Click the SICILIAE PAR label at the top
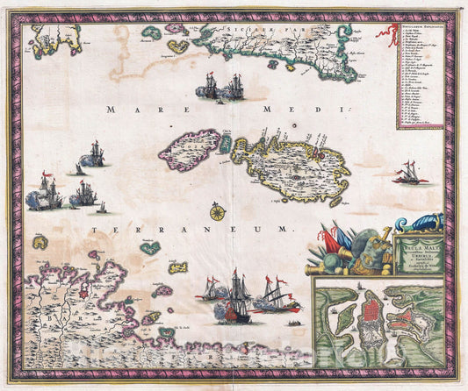(x=263, y=29)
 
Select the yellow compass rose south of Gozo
(x=217, y=211)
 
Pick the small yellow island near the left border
(x=40, y=241)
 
